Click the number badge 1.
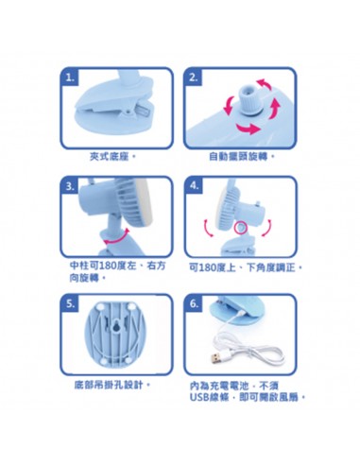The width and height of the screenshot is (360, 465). tap(70, 78)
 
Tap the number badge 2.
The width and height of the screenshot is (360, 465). tap(194, 78)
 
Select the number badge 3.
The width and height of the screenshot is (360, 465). tap(70, 186)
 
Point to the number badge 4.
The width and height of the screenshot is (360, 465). tap(195, 186)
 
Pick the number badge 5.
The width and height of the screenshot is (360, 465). tap(70, 304)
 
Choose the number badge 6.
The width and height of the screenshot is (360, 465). tap(195, 304)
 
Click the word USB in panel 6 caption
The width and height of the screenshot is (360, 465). tap(200, 397)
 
